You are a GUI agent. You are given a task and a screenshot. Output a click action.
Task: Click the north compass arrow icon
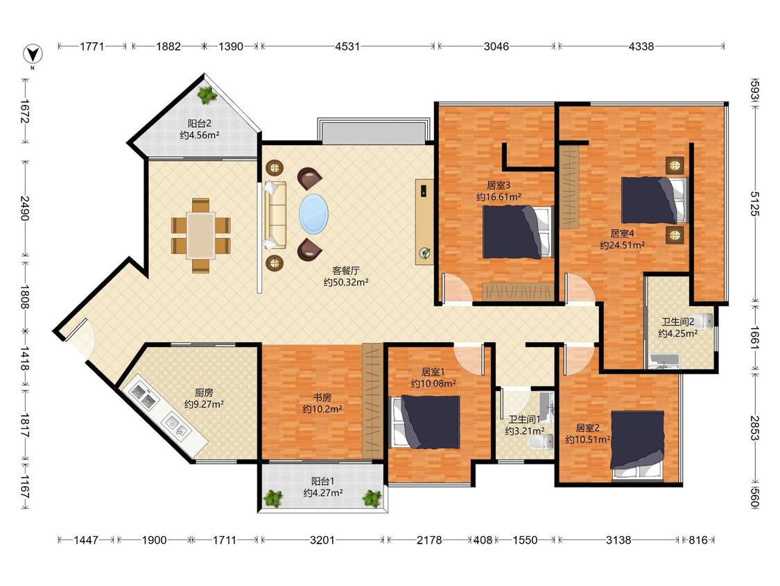coord(33,54)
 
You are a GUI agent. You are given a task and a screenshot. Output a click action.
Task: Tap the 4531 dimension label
coord(347,47)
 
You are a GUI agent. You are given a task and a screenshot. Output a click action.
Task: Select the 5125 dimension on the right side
coord(754,203)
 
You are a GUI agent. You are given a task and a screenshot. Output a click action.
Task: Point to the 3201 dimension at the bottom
coord(322,539)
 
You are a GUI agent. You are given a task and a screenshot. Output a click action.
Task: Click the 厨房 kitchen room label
coord(204,393)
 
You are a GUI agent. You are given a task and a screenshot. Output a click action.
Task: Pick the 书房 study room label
coord(322,397)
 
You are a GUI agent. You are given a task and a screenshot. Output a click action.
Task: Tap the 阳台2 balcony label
coord(200,123)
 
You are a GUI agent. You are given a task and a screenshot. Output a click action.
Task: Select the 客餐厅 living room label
coord(346,271)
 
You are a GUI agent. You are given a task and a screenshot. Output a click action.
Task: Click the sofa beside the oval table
coord(275,215)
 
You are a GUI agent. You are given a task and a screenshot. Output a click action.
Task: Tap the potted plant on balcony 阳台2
coord(207,94)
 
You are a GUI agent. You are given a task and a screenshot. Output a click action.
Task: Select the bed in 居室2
coord(638,446)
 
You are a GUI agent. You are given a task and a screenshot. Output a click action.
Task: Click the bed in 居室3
coord(518,232)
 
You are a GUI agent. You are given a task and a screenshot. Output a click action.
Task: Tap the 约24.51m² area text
coord(623,245)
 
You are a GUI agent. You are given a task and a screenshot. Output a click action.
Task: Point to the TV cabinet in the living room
coord(424,221)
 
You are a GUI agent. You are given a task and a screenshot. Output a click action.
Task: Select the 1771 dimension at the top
coord(92,47)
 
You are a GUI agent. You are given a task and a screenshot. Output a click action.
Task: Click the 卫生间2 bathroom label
coord(677,322)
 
